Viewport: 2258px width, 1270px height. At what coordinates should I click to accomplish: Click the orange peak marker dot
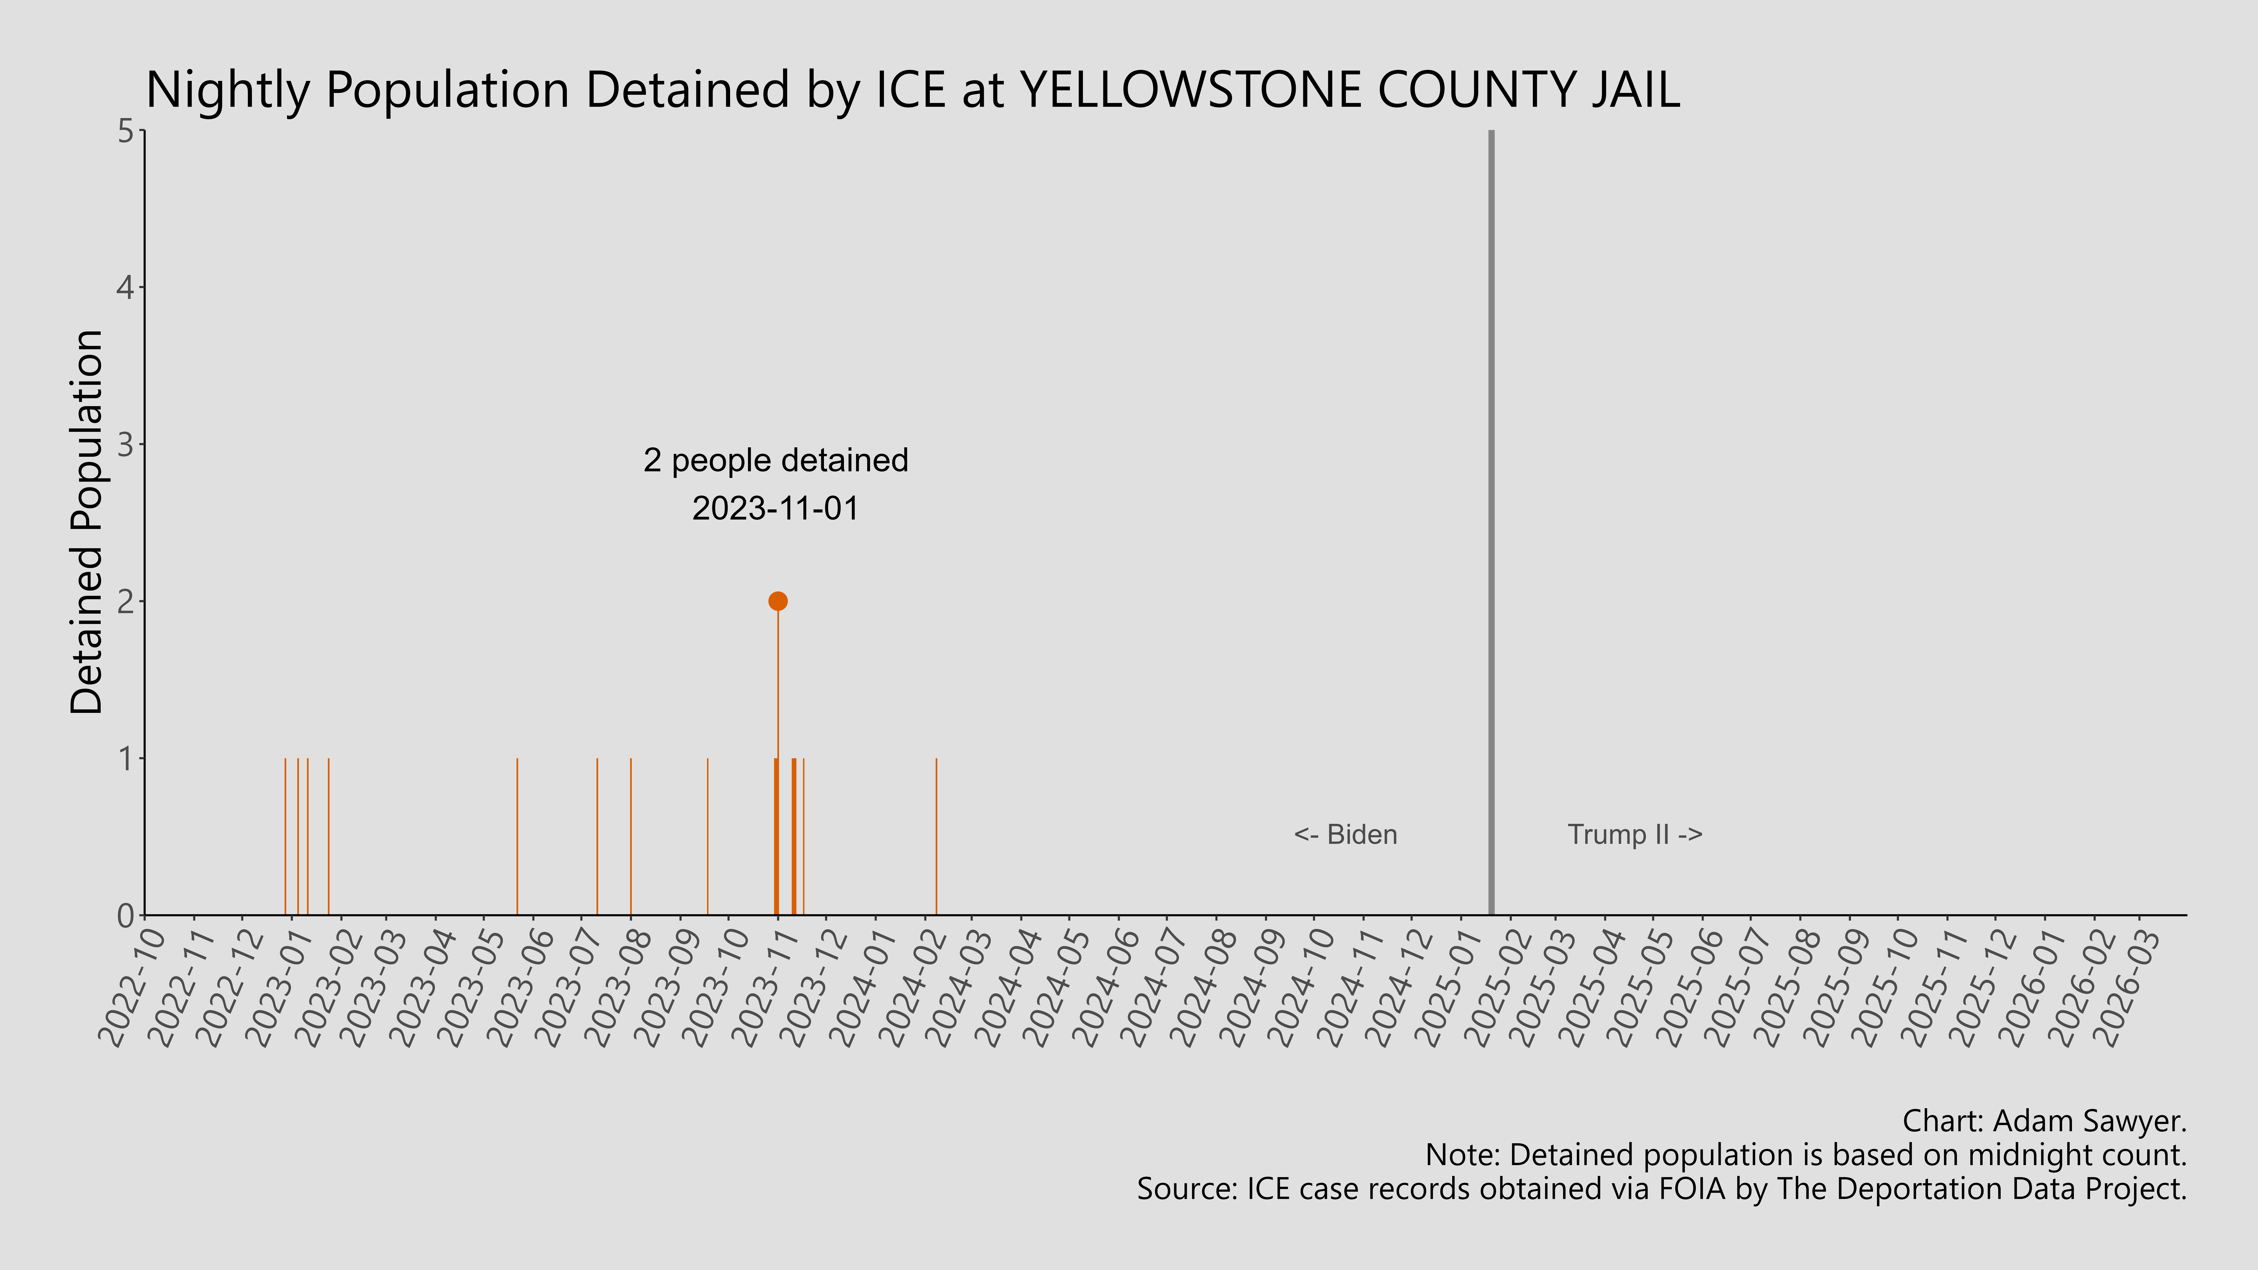(x=778, y=601)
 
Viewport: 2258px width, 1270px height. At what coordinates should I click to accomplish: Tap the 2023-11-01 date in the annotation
(x=776, y=508)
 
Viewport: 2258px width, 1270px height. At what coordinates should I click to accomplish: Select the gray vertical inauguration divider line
(x=1491, y=526)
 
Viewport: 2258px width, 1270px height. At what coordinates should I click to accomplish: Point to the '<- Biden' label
(x=1345, y=834)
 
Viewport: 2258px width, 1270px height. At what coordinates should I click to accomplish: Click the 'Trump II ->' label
(x=1635, y=834)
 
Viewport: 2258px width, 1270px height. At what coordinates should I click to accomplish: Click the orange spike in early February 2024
(x=936, y=837)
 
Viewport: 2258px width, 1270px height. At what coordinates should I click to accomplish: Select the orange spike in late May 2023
(x=517, y=837)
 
